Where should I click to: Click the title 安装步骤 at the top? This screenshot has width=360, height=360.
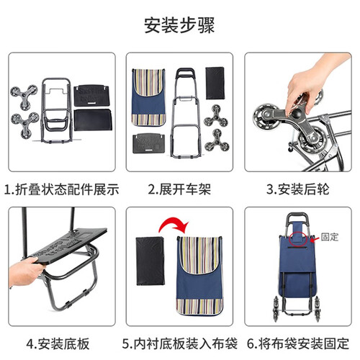(179, 25)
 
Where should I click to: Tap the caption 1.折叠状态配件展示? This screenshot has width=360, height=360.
(62, 189)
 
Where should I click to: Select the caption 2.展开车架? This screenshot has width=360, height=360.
(179, 189)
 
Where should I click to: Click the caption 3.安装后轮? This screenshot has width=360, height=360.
(297, 189)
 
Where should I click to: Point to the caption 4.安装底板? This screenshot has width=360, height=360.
(58, 343)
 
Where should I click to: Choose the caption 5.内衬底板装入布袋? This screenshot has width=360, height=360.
(180, 343)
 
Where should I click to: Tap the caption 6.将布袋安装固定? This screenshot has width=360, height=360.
(298, 343)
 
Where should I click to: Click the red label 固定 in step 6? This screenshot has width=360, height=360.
(330, 237)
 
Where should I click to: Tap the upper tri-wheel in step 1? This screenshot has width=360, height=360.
(24, 96)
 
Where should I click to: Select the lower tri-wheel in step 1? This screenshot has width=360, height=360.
(24, 125)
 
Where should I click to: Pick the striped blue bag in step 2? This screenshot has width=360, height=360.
(148, 97)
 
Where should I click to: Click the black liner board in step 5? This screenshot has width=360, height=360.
(150, 261)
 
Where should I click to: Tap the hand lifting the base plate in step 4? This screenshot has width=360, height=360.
(25, 271)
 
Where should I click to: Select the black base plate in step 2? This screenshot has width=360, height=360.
(149, 143)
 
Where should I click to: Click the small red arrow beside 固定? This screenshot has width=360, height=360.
(315, 239)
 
